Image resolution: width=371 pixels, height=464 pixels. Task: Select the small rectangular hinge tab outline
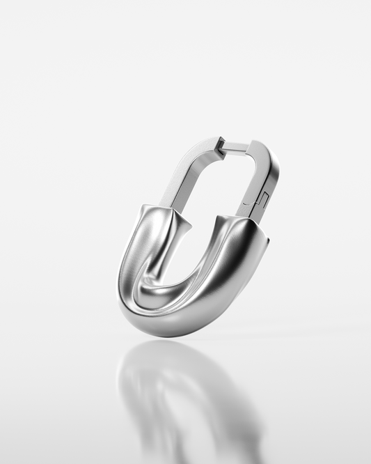[263, 199]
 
